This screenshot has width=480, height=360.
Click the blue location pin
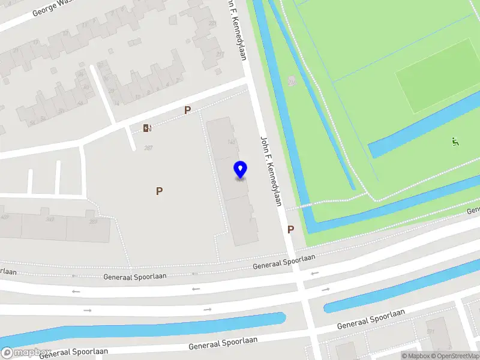pyautogui.click(x=240, y=169)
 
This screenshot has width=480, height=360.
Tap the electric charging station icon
pyautogui.click(x=147, y=128)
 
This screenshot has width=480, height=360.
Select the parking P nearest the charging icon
pyautogui.click(x=187, y=110)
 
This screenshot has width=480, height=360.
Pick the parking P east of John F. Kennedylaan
pyautogui.click(x=291, y=229)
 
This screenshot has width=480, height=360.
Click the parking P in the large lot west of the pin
pyautogui.click(x=159, y=191)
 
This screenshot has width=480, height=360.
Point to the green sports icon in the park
pyautogui.click(x=455, y=142)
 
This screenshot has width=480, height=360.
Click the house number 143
pyautogui.click(x=231, y=142)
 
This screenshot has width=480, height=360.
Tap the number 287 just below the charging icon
pyautogui.click(x=148, y=148)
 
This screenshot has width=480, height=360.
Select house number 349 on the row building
pyautogui.click(x=50, y=219)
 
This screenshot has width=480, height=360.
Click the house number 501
pyautogui.click(x=430, y=331)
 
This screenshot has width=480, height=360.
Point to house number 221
pyautogui.click(x=212, y=23)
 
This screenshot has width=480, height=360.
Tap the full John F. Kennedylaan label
pyautogui.click(x=271, y=172)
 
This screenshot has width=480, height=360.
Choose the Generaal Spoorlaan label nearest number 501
pyautogui.click(x=371, y=319)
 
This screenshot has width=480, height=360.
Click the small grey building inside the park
pyautogui.click(x=292, y=81)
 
